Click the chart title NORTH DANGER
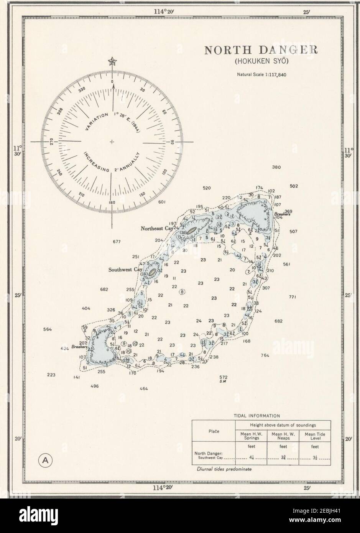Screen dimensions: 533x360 click(x=260, y=50)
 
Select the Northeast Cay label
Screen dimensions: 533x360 click(x=156, y=228)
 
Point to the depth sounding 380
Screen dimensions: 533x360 click(x=276, y=168)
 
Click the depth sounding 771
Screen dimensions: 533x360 click(x=293, y=297)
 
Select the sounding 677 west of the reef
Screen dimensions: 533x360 click(x=117, y=242)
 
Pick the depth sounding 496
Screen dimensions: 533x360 click(x=95, y=386)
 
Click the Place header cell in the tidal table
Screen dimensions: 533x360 click(x=214, y=431)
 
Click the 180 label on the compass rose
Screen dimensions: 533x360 click(x=112, y=202)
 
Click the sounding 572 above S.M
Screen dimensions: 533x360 click(x=224, y=377)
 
